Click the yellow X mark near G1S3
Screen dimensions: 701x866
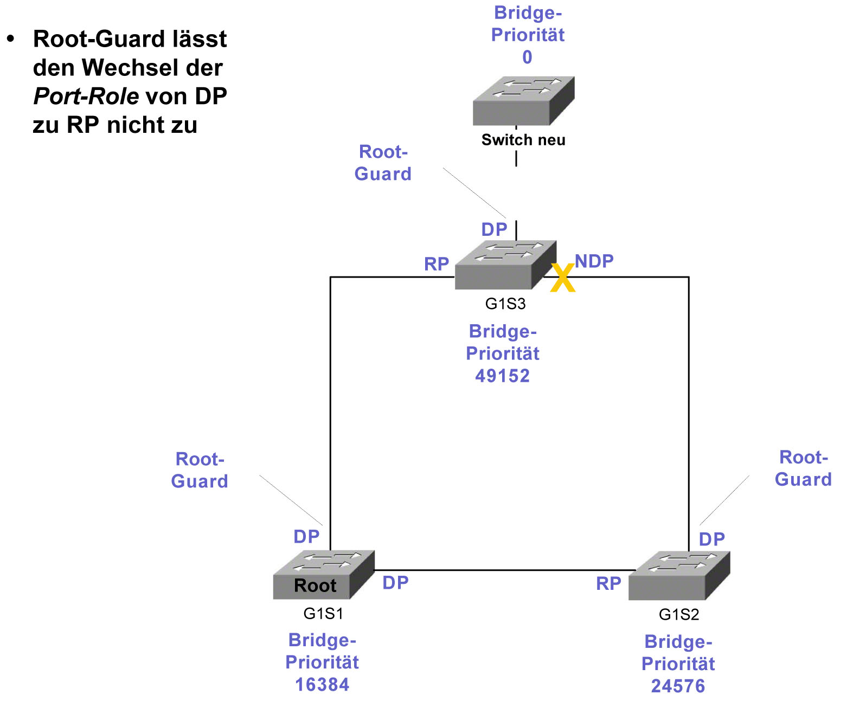point(563,278)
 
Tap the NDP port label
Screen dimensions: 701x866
point(594,261)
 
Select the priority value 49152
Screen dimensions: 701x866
point(502,376)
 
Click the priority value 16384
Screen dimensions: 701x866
point(322,684)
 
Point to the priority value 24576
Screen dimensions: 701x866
point(678,686)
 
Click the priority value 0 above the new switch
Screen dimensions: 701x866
point(527,57)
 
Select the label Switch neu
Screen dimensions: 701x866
point(523,140)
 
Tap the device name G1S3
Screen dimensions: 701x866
point(505,304)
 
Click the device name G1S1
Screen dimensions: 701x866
point(323,613)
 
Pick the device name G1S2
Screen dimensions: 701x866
point(678,614)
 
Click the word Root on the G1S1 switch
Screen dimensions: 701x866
point(315,586)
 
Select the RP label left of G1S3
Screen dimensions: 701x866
point(437,264)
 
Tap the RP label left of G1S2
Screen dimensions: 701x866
point(608,583)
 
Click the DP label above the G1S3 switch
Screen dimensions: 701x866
point(494,229)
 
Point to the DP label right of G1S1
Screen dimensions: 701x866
point(395,582)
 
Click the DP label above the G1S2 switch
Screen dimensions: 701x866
point(711,539)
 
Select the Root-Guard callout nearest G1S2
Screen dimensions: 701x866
point(803,468)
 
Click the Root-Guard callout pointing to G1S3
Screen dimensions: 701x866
point(383,163)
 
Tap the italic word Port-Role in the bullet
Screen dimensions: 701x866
point(86,97)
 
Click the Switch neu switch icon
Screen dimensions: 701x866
point(523,101)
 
